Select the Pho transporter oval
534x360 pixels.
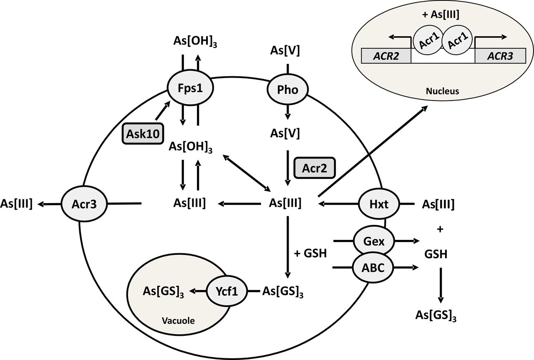coord(287,89)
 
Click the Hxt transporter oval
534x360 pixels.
coord(379,204)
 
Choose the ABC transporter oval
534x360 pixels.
coord(373,268)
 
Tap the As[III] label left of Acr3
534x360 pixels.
coord(17,204)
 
